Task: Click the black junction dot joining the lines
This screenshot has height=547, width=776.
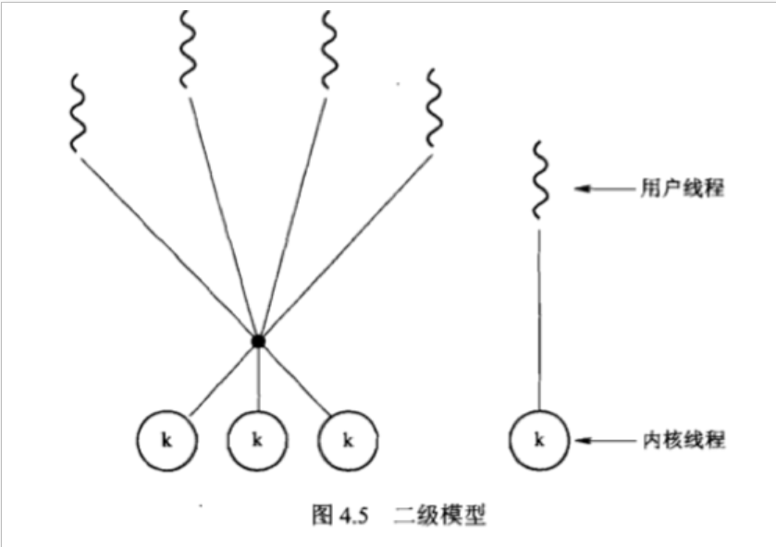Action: [x=258, y=342]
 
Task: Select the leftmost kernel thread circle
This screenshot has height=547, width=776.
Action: [x=166, y=440]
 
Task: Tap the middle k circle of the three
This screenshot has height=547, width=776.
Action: [x=257, y=440]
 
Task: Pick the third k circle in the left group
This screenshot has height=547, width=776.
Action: [x=348, y=440]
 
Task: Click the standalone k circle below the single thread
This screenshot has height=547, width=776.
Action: [x=539, y=440]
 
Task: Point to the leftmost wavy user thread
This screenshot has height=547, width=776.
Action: [x=79, y=112]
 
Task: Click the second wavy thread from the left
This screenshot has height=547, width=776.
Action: [x=188, y=51]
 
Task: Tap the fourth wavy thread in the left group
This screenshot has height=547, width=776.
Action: [x=433, y=106]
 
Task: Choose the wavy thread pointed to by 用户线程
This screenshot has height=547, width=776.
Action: [x=539, y=178]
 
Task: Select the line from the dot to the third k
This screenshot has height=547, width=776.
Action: [x=294, y=379]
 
